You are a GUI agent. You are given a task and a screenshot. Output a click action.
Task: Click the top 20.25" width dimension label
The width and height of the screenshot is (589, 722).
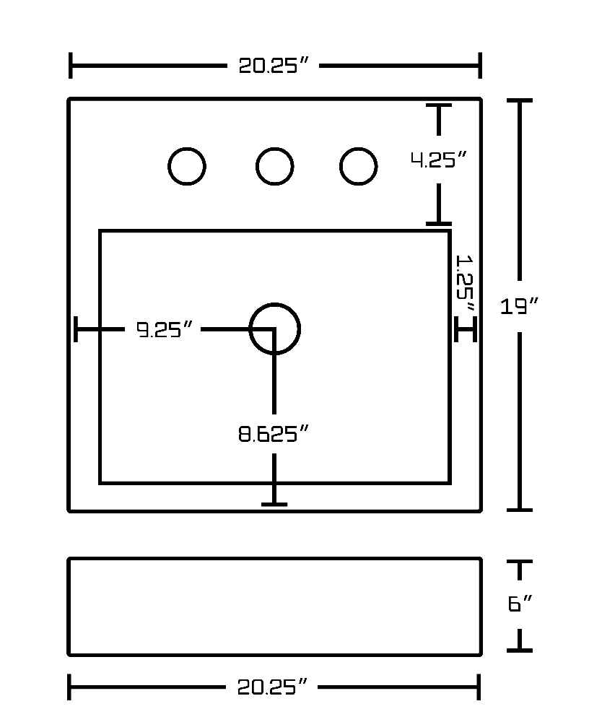273,66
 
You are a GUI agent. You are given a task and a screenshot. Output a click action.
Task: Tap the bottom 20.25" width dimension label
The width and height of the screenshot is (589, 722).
272,687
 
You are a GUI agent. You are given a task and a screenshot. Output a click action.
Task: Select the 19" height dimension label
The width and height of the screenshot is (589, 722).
520,305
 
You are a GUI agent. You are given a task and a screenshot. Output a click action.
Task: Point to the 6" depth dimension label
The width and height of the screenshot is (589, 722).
520,603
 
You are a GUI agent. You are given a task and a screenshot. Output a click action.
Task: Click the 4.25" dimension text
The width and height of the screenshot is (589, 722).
439,160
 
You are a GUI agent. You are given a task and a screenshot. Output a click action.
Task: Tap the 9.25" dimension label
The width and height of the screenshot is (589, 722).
165,329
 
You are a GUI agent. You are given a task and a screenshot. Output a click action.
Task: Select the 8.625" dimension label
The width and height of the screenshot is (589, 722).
273,434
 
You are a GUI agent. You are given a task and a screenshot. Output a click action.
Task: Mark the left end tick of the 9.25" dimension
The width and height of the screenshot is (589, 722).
76,329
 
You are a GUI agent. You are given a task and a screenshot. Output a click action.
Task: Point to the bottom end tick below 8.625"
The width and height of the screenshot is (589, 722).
274,505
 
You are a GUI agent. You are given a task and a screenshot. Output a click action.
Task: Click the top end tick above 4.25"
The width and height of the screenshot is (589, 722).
438,106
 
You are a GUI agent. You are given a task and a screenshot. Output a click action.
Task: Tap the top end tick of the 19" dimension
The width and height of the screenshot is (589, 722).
520,100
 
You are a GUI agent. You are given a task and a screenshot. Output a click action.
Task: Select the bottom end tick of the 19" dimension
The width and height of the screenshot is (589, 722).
520,510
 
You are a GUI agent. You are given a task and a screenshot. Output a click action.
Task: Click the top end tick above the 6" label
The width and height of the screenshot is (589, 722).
520,562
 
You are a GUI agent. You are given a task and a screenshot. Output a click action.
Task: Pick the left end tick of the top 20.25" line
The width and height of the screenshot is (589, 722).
70,66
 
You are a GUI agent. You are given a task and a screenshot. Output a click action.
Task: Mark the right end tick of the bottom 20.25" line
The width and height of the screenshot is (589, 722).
479,687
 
